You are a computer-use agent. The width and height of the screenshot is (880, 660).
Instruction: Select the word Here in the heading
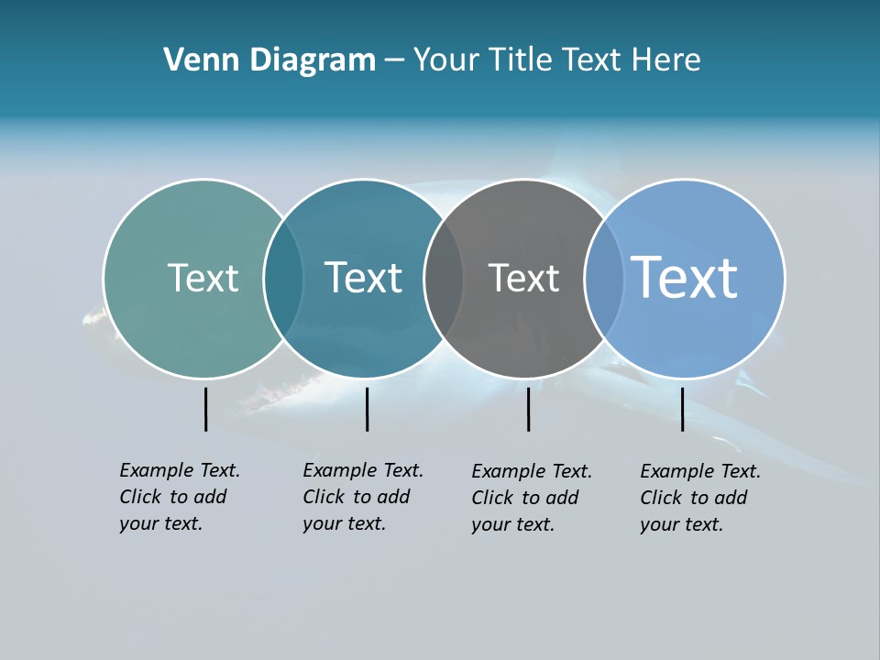(x=666, y=60)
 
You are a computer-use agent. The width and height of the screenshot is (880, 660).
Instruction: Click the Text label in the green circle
(x=203, y=278)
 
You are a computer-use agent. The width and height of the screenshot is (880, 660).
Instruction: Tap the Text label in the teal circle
(x=363, y=278)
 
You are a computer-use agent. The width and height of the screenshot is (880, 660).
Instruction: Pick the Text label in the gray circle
(x=523, y=278)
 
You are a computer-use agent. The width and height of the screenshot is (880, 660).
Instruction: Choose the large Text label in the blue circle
(x=685, y=277)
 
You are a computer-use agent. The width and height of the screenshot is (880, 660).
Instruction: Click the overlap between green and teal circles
(x=283, y=279)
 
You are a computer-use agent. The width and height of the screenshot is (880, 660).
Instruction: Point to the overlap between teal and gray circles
(x=444, y=279)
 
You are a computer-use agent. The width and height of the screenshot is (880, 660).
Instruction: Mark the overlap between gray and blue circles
(x=603, y=279)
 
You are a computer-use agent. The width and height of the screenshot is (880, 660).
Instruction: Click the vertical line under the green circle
(x=206, y=409)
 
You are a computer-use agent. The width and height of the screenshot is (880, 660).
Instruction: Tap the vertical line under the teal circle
(x=367, y=409)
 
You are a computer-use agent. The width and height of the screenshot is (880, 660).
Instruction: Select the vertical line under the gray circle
(x=528, y=409)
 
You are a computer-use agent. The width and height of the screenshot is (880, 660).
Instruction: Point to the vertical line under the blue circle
(x=682, y=409)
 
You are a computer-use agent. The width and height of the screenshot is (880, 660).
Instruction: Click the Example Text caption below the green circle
(x=179, y=497)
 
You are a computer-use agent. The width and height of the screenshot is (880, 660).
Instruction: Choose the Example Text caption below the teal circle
(x=362, y=497)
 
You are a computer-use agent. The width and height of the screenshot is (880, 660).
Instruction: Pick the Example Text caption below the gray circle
(x=531, y=498)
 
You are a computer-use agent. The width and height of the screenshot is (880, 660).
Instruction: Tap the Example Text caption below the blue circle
(x=699, y=498)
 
